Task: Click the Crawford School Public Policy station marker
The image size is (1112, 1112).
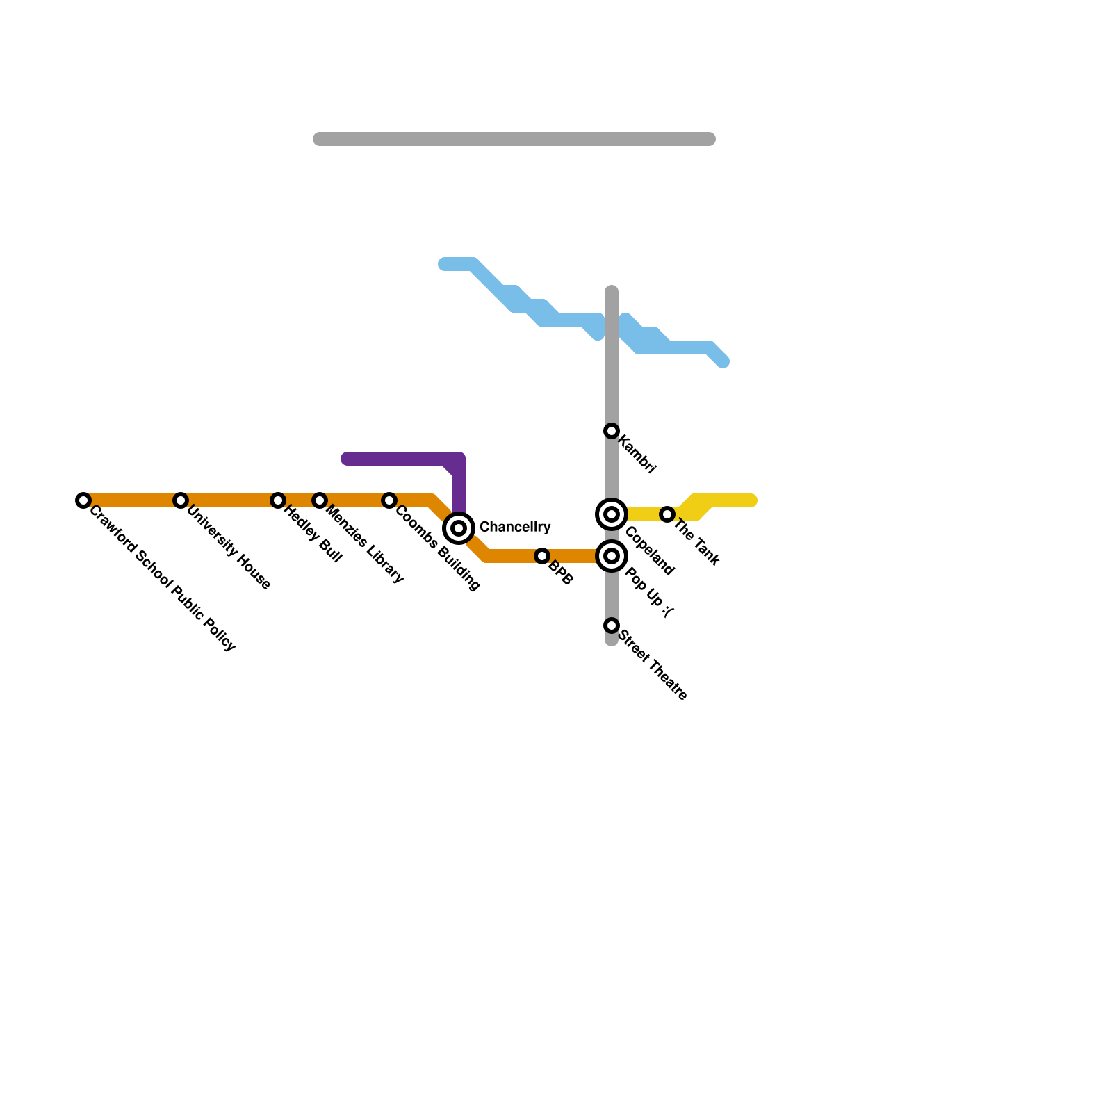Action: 83,500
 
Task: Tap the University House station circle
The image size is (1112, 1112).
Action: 181,500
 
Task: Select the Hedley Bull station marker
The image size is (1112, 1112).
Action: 278,500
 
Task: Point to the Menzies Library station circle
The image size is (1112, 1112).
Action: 320,500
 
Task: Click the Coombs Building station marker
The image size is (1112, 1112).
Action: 389,500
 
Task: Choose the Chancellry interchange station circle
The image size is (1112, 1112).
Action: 459,528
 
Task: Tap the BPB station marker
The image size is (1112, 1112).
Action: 542,556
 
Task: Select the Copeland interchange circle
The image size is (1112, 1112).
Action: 612,514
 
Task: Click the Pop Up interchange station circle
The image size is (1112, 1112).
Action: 612,556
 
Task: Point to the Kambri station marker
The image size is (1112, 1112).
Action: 612,431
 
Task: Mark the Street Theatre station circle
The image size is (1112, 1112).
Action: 612,625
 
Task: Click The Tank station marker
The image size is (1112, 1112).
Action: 667,514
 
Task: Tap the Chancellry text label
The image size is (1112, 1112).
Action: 515,527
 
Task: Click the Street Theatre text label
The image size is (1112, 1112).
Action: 653,664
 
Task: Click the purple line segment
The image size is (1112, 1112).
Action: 403,459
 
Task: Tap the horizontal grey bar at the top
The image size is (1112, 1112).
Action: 514,139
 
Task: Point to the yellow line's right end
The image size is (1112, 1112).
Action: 751,500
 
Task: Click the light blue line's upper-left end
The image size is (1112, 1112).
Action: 445,264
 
